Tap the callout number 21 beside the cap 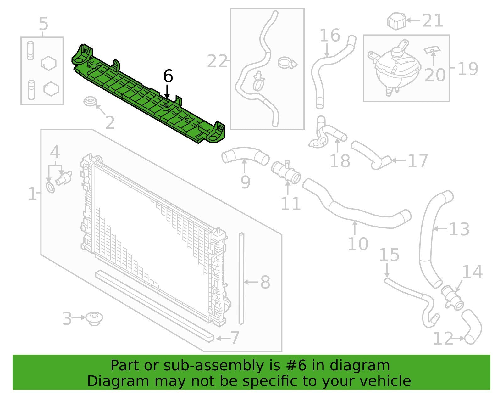coord(433,21)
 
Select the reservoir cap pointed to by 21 coord(397,21)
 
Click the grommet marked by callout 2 coord(90,102)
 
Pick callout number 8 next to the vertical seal coord(265,282)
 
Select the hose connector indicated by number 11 coord(286,172)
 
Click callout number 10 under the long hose coord(358,244)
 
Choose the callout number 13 coord(459,229)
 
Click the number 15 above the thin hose coord(389,255)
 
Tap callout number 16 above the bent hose coord(330,35)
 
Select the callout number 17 coord(417,161)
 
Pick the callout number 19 coord(468,69)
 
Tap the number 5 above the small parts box coord(43,24)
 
